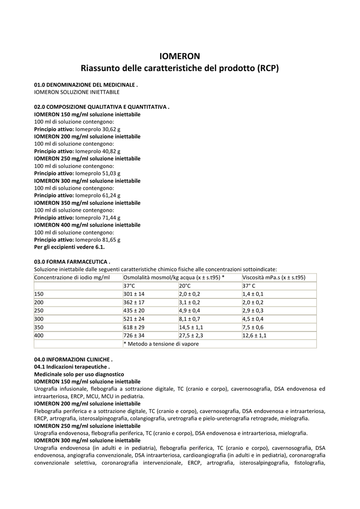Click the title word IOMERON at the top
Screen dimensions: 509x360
coord(180,56)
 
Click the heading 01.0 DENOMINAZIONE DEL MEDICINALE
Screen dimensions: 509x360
coord(86,85)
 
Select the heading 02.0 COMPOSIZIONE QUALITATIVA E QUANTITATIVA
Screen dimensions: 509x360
coord(101,107)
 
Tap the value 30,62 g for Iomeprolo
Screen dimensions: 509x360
coord(108,129)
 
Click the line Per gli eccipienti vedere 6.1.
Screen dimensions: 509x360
coord(70,247)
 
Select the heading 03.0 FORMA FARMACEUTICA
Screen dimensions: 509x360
coord(72,262)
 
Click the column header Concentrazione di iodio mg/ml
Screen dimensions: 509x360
coord(72,277)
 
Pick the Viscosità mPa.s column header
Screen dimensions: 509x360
coord(273,277)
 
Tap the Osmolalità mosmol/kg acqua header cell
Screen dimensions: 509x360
coord(174,277)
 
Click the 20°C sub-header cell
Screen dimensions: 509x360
coord(185,286)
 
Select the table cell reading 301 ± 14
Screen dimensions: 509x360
coord(134,294)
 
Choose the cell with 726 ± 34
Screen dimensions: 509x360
coord(134,336)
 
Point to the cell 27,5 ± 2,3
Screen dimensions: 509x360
coord(191,336)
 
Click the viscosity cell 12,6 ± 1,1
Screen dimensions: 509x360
coord(255,336)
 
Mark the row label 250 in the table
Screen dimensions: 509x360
coord(39,311)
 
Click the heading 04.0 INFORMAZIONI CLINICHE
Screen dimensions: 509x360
coord(73,359)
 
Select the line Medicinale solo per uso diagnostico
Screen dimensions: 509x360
coord(79,374)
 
